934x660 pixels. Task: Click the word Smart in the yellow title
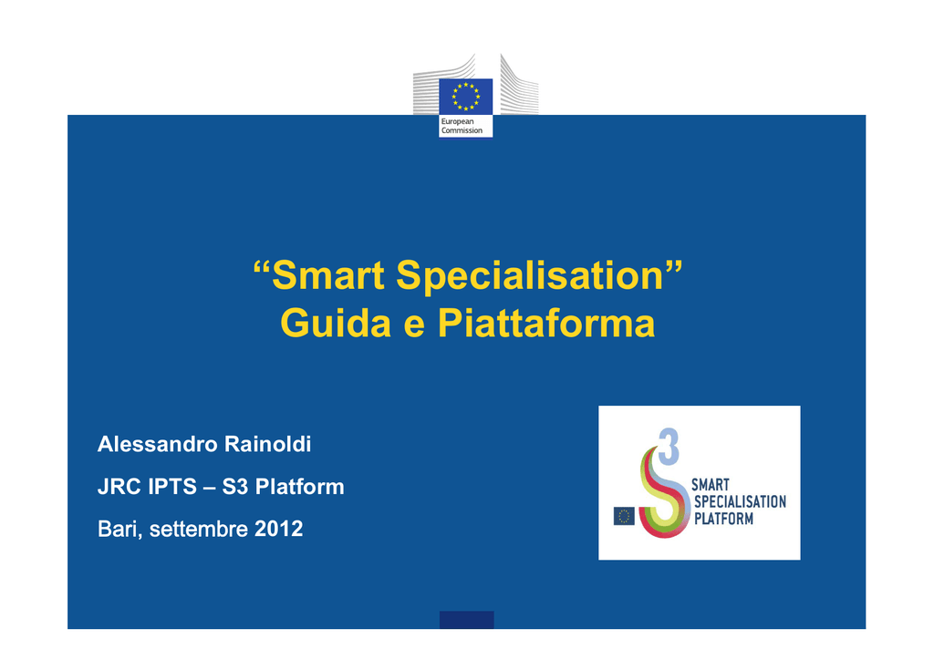(x=328, y=275)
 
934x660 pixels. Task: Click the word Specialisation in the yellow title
(x=530, y=276)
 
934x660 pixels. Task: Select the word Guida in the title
(x=336, y=324)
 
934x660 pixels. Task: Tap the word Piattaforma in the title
(x=546, y=324)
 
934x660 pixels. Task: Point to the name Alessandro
(x=157, y=444)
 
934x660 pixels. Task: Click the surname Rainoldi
(x=267, y=444)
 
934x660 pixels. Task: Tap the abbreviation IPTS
(x=172, y=487)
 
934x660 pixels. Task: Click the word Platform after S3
(x=299, y=487)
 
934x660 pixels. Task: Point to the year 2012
(x=279, y=529)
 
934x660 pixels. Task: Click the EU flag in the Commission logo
(x=466, y=97)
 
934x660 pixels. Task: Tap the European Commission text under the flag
(x=462, y=126)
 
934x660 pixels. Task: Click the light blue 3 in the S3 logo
(x=669, y=447)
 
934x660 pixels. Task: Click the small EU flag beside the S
(x=624, y=516)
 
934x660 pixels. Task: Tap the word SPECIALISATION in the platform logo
(x=740, y=501)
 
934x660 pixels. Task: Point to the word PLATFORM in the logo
(x=723, y=519)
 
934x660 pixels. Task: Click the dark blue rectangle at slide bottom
(x=466, y=620)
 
